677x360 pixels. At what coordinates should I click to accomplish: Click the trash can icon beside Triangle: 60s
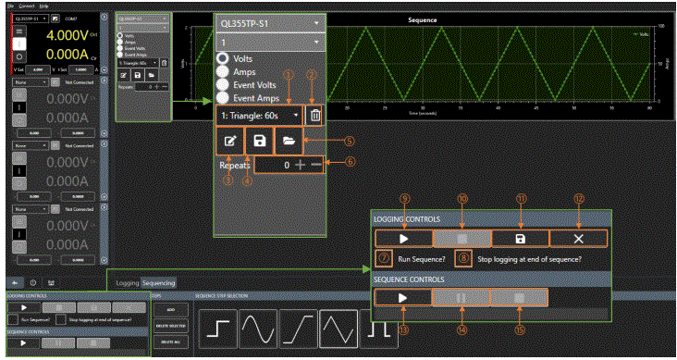pos(316,116)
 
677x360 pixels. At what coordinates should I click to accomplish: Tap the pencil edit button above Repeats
pos(228,142)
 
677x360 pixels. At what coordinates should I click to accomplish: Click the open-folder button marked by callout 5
pos(288,142)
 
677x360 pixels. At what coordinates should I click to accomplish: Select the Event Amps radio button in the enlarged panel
pos(225,95)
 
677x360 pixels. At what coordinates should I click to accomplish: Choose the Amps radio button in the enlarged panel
pos(225,71)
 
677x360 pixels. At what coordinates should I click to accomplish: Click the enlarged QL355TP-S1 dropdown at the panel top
pos(270,20)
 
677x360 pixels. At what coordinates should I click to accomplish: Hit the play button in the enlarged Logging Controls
pos(402,238)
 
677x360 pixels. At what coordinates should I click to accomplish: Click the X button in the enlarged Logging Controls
pos(580,238)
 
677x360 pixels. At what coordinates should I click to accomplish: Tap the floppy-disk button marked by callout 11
pos(521,238)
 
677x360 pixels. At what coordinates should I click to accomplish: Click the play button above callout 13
pos(402,298)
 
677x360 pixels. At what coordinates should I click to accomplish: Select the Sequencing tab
pos(158,283)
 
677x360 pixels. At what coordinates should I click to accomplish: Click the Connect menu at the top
pos(25,5)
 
